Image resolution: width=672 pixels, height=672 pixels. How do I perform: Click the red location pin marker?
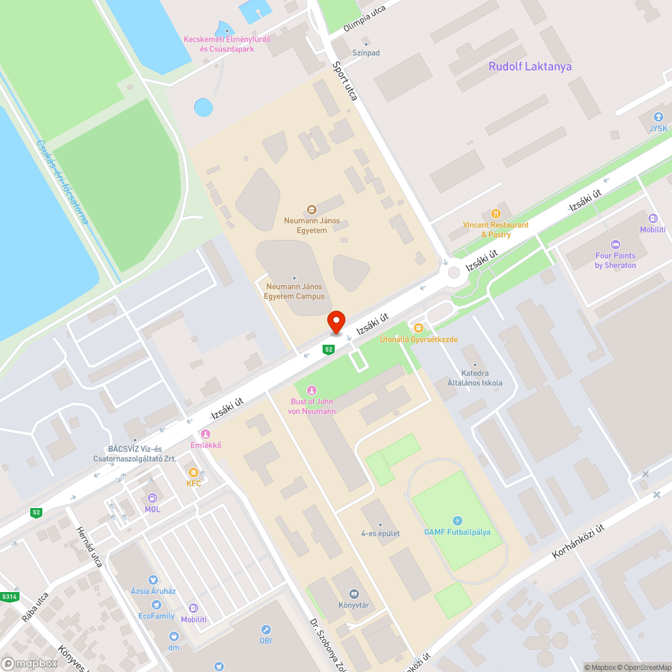[335, 322]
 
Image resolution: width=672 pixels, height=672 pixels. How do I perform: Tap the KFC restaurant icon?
[194, 472]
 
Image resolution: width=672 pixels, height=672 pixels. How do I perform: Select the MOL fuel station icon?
[153, 498]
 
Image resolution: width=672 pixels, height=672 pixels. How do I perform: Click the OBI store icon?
[266, 630]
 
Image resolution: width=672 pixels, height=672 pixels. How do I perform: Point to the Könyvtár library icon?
[353, 593]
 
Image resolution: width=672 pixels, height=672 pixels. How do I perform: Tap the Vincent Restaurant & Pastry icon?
[496, 214]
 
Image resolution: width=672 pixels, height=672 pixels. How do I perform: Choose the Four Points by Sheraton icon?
[615, 245]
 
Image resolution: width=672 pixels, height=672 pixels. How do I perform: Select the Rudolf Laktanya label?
[530, 67]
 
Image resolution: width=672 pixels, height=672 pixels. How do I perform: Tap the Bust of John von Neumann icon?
[311, 390]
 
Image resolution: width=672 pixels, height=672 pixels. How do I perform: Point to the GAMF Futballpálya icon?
[457, 521]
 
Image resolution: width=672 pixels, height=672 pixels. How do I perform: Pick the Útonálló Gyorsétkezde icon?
[419, 328]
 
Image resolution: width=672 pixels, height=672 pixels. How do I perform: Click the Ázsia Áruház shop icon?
[153, 579]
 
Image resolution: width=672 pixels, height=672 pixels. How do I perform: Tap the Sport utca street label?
[345, 81]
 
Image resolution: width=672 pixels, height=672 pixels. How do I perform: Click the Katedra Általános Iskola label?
[475, 378]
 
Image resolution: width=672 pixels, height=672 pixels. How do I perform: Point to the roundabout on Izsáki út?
[454, 272]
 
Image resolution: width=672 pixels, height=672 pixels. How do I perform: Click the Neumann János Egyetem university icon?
[311, 210]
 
